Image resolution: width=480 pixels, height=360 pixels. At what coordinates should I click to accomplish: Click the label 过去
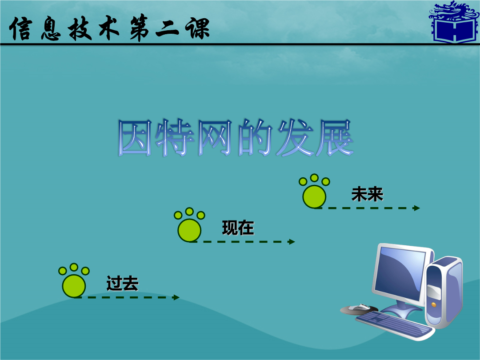click(123, 283)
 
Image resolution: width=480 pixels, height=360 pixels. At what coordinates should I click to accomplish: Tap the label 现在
click(238, 228)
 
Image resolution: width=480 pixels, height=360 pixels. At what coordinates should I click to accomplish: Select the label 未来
click(368, 194)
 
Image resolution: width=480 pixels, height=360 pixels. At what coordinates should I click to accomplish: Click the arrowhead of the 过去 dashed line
click(176, 297)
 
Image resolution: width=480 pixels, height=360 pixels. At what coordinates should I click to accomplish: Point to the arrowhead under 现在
click(292, 242)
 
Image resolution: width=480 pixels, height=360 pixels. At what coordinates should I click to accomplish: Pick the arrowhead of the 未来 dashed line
click(416, 208)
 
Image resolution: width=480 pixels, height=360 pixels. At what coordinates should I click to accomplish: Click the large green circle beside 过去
click(74, 286)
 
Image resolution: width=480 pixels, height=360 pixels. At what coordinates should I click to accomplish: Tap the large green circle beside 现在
click(189, 231)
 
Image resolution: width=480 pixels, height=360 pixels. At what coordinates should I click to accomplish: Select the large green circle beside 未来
click(314, 197)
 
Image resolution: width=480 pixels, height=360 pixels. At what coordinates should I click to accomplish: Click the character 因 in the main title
click(135, 138)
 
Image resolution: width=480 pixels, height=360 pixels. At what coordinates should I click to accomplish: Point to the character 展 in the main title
click(334, 138)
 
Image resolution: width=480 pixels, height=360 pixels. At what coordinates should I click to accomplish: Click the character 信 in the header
click(21, 28)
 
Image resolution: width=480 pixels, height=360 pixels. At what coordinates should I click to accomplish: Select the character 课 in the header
click(198, 28)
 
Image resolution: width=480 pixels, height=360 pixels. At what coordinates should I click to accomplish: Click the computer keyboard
click(395, 325)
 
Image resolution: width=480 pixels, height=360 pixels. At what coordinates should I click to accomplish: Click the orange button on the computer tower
click(433, 305)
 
